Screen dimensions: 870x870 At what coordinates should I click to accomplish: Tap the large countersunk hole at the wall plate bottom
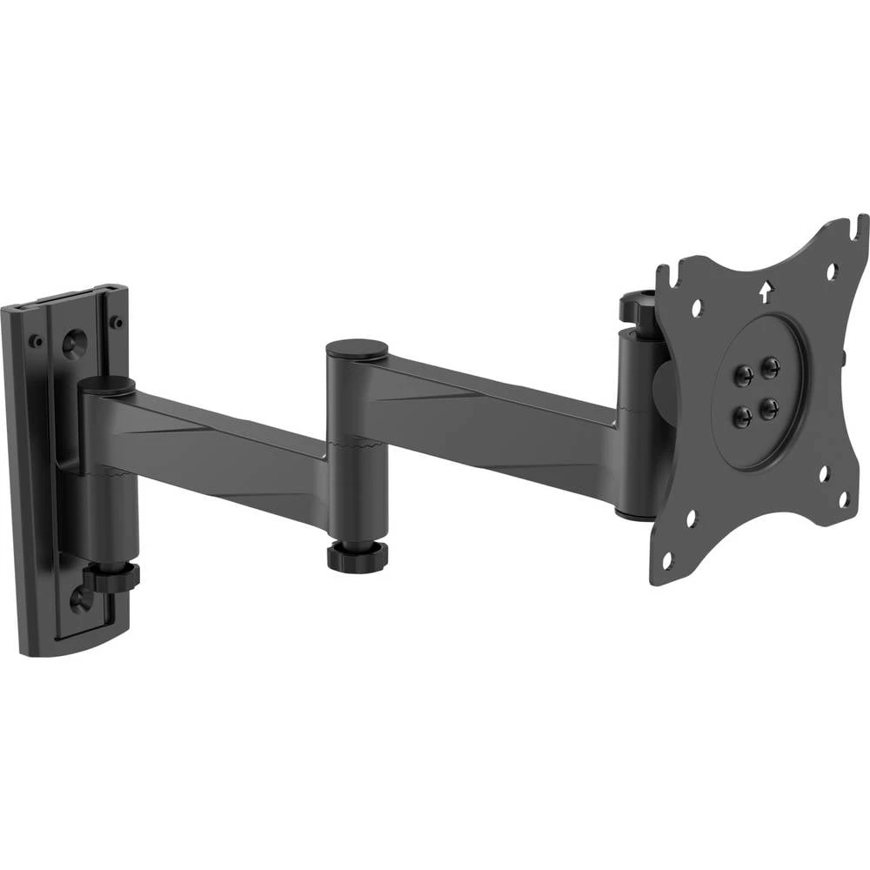[x=79, y=598]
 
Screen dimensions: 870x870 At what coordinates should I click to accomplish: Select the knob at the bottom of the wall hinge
[x=112, y=577]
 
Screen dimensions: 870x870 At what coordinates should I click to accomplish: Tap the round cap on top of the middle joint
[x=357, y=349]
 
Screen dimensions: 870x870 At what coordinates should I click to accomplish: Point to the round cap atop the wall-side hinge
[x=106, y=384]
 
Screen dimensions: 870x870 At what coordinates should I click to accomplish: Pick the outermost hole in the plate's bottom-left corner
[x=667, y=559]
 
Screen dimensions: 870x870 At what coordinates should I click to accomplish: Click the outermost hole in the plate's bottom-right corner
[x=842, y=499]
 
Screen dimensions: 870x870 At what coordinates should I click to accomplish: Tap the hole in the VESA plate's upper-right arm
[x=831, y=271]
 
